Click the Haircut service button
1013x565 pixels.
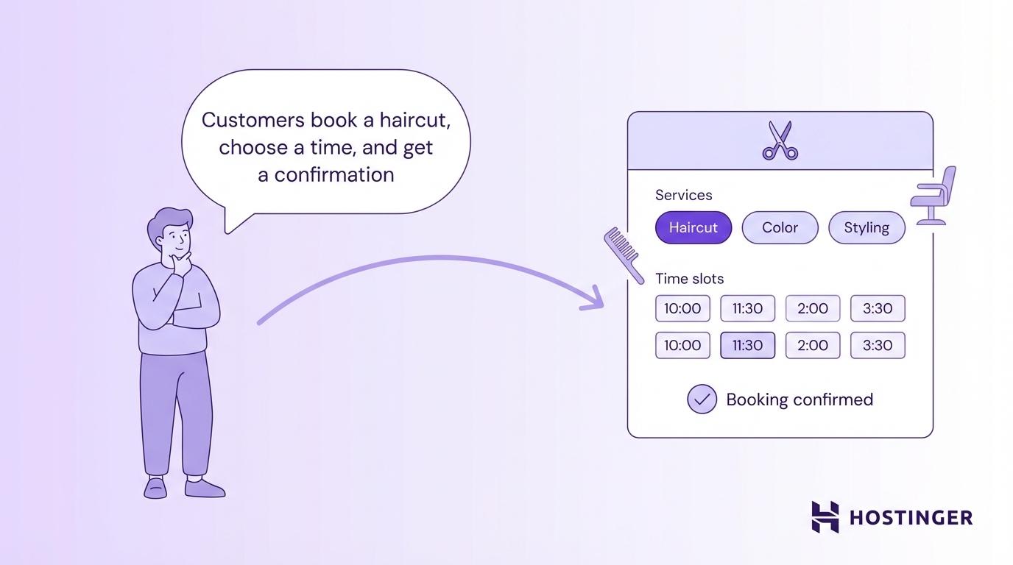(693, 227)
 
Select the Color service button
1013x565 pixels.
(780, 227)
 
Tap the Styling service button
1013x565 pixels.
(866, 227)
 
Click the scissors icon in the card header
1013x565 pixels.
(780, 141)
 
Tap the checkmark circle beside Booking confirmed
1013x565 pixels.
(702, 399)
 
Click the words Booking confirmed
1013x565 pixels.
(800, 399)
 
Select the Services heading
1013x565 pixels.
(683, 195)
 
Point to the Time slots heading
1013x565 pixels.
(689, 279)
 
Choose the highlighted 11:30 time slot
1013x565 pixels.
(747, 345)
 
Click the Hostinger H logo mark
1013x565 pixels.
(825, 516)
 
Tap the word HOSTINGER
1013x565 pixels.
(911, 517)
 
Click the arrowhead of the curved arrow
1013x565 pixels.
(595, 300)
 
